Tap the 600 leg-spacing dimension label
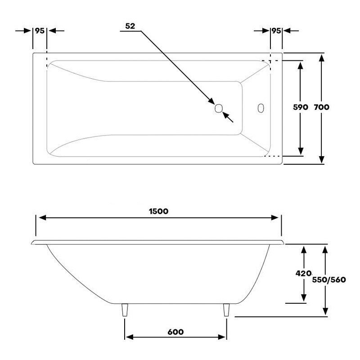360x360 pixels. coord(175,332)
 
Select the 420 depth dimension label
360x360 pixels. coord(304,273)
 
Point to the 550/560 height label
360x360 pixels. coord(328,279)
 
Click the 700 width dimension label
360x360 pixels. coord(322,108)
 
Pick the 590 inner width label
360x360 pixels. coord(300,108)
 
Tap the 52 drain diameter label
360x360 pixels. coord(130,26)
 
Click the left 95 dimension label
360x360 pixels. coord(40,31)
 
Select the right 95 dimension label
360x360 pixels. coord(276,31)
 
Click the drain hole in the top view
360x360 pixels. coord(219,108)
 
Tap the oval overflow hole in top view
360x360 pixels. coord(261,108)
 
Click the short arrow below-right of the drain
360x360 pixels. coord(229,118)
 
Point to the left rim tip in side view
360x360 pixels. coord(33,243)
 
